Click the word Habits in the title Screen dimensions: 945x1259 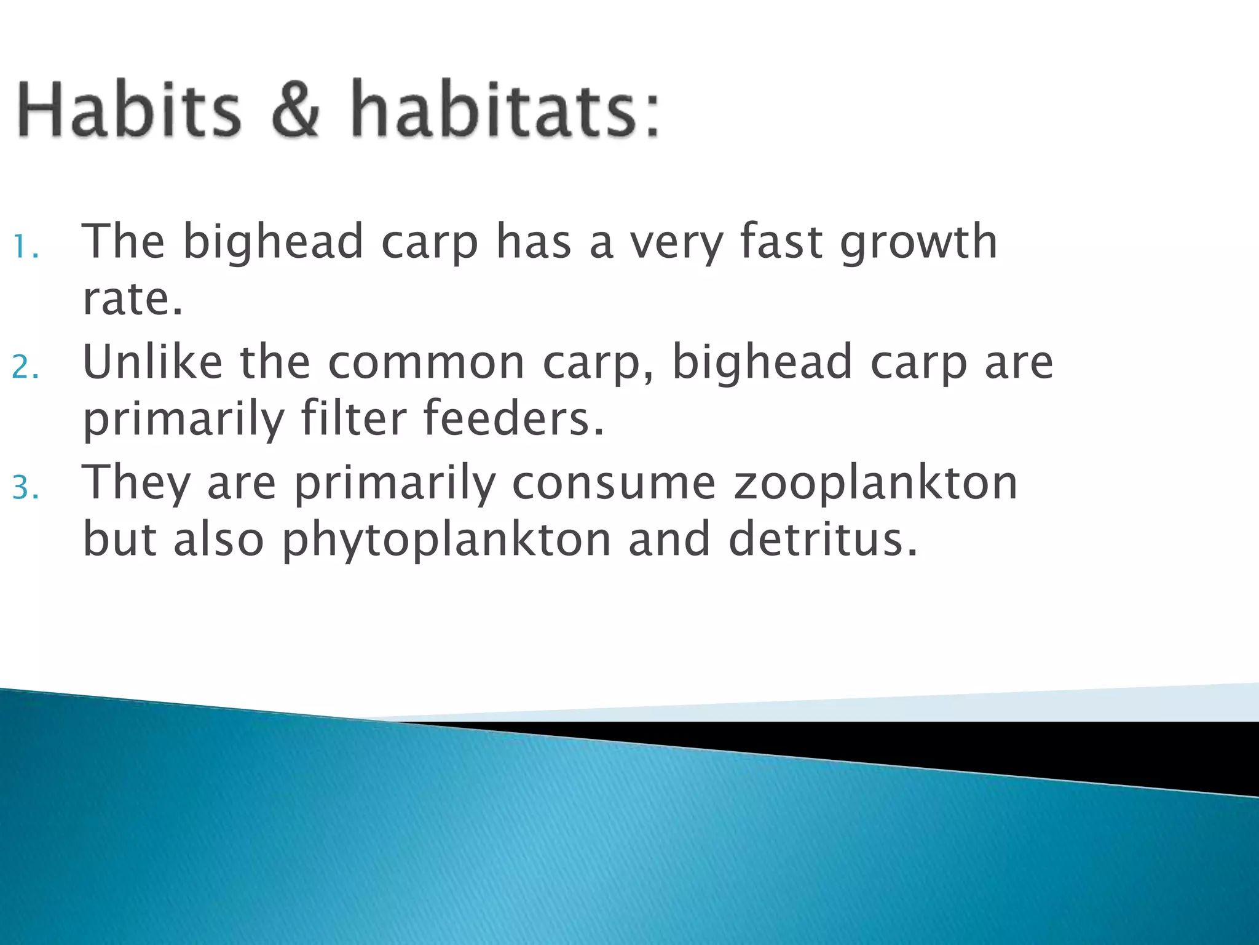129,110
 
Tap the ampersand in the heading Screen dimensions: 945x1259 296,110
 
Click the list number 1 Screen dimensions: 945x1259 25,247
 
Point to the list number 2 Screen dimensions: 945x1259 25,367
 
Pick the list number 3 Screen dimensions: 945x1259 25,488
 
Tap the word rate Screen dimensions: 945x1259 132,300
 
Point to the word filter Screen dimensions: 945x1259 353,418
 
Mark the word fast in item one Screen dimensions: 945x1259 781,242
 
